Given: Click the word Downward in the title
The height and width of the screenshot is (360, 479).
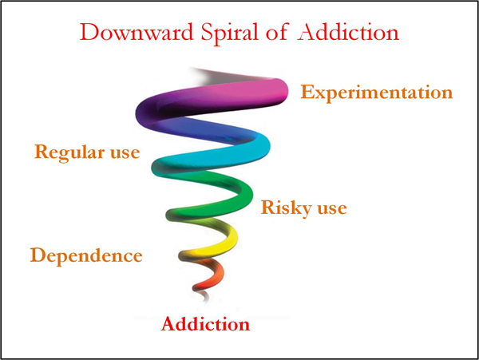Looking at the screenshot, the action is tap(137, 33).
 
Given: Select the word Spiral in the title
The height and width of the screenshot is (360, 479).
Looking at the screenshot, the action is tap(229, 34).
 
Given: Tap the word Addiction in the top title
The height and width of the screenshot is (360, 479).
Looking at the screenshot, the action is tap(348, 32).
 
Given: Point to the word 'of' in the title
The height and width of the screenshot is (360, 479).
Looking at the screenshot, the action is tap(277, 31).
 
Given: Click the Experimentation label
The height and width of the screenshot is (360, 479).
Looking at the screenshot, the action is tap(377, 93).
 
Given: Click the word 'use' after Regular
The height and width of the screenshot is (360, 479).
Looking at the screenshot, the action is tap(125, 153).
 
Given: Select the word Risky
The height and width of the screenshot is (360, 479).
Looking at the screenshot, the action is tap(287, 209).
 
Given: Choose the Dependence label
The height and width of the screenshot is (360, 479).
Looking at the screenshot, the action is tap(86, 256).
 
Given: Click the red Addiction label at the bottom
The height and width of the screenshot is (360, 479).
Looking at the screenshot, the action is tap(205, 324).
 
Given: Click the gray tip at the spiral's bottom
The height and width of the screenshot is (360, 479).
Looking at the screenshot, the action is tap(204, 295).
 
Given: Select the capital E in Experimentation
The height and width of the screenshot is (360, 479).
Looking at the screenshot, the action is tap(307, 92).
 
